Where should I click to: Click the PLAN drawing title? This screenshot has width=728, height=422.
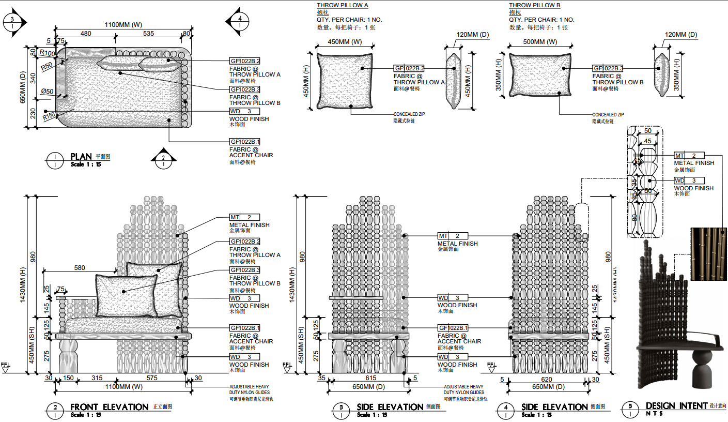[81, 156]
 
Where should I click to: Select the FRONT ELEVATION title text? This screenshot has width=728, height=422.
[109, 407]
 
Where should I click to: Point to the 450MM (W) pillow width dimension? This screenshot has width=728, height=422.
[345, 42]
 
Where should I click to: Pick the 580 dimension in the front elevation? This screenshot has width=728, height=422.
[80, 268]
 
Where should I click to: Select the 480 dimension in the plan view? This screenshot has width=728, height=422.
[86, 34]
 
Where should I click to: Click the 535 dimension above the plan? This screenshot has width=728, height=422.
[148, 34]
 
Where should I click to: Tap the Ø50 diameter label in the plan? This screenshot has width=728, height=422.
[48, 92]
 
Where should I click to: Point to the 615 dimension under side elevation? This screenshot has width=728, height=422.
[370, 378]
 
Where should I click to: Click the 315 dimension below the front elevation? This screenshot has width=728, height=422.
[97, 378]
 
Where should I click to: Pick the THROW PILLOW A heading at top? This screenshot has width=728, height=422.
[342, 5]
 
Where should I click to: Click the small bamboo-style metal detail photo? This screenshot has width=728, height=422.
[709, 254]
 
